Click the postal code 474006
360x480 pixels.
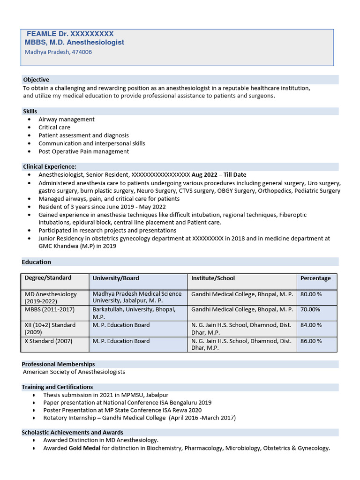pyautogui.click(x=82, y=52)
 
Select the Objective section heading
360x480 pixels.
pyautogui.click(x=36, y=80)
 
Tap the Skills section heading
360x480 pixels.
pyautogui.click(x=30, y=111)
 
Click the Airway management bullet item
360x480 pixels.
pyautogui.click(x=66, y=120)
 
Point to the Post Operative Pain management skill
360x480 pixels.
pyautogui.click(x=83, y=151)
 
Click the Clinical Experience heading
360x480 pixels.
pyautogui.click(x=50, y=166)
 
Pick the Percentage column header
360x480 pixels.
pyautogui.click(x=315, y=278)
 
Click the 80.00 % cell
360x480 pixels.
pyautogui.click(x=311, y=294)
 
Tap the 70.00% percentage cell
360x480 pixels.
pyautogui.click(x=310, y=309)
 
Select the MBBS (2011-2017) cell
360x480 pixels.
pyautogui.click(x=49, y=309)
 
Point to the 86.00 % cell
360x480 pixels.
pyautogui.click(x=311, y=341)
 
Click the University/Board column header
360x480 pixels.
pyautogui.click(x=115, y=278)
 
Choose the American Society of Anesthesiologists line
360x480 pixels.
pyautogui.click(x=74, y=372)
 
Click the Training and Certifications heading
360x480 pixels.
pyautogui.click(x=57, y=387)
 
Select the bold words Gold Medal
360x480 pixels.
pyautogui.click(x=84, y=448)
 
